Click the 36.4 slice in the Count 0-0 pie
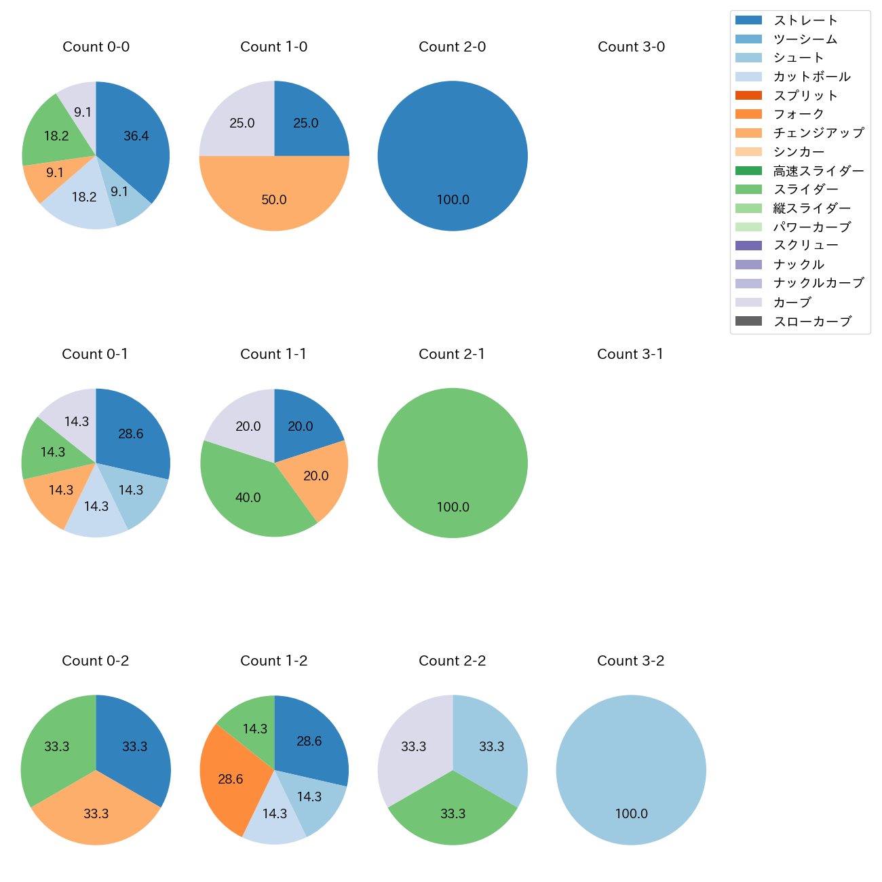(x=136, y=136)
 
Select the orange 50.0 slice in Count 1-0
(x=274, y=199)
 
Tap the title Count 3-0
(x=631, y=47)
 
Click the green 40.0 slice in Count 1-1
(x=248, y=497)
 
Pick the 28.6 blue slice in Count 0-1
(x=131, y=434)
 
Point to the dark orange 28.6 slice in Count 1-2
(x=231, y=779)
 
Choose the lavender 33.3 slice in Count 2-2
(x=413, y=746)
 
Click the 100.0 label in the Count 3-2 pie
(x=631, y=813)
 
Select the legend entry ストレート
(x=805, y=20)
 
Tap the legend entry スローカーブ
(x=812, y=322)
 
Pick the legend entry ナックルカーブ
(x=818, y=284)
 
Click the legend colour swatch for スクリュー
(x=748, y=246)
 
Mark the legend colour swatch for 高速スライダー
(x=748, y=171)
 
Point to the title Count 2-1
(x=452, y=354)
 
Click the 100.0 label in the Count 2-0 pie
(x=453, y=199)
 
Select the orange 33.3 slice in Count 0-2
(x=96, y=813)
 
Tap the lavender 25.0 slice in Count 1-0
(x=242, y=123)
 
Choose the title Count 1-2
(x=274, y=661)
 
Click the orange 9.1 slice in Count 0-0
(x=54, y=173)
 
